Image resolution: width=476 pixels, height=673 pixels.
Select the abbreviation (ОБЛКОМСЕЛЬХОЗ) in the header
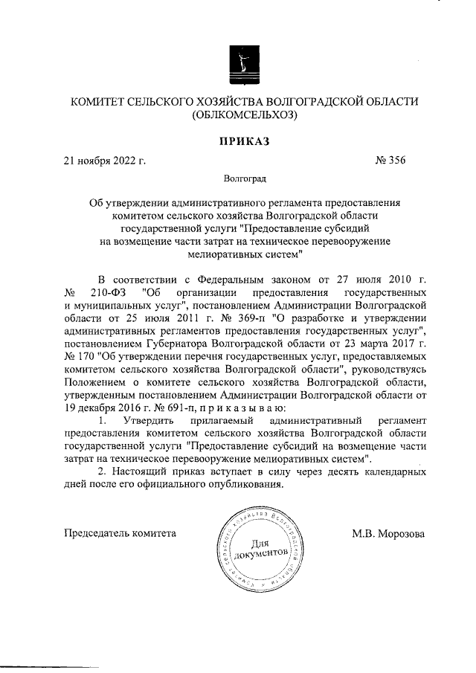click(244, 115)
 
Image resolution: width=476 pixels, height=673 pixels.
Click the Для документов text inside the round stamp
click(259, 550)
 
